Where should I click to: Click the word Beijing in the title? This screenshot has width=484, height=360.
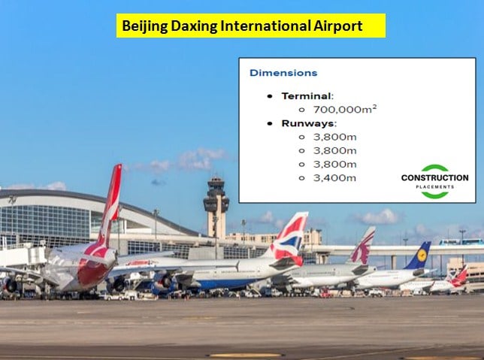coord(144,26)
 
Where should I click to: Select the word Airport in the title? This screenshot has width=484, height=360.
coord(338,26)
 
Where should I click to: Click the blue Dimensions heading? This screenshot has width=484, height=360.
coord(283,73)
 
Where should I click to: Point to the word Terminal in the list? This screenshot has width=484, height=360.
coord(307,96)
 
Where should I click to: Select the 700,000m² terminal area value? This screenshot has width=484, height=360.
coord(345,109)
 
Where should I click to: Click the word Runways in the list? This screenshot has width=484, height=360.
coord(307,123)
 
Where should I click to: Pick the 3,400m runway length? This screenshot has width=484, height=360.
coord(334,178)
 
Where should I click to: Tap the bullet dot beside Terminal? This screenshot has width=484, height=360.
coord(270,96)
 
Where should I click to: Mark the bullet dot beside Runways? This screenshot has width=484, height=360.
coord(270,123)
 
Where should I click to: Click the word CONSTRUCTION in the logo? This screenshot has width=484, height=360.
coord(434,178)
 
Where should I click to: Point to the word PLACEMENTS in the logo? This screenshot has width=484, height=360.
coord(434,187)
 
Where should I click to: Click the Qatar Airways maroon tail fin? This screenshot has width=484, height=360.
coord(364,246)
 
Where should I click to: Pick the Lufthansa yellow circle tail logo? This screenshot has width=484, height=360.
coord(422,255)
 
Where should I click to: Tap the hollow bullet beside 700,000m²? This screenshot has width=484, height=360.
coord(302,110)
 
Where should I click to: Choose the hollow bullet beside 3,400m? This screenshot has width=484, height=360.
coord(302,178)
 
